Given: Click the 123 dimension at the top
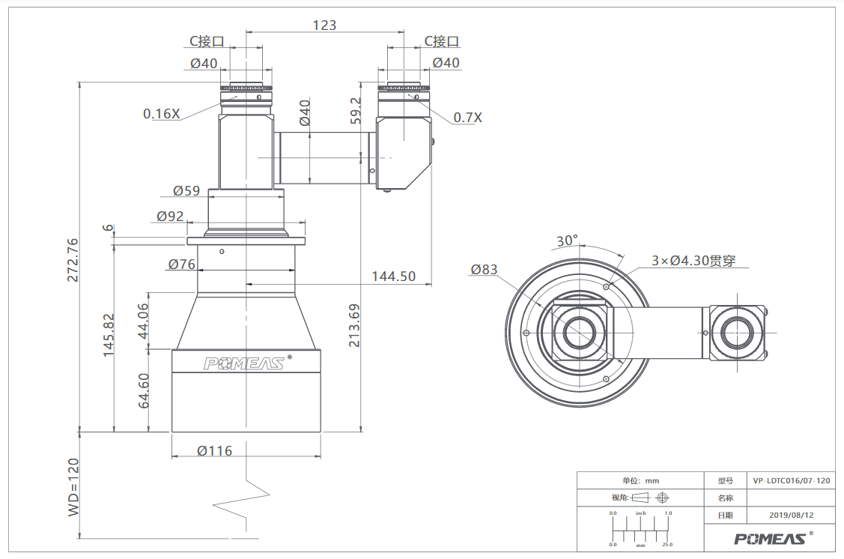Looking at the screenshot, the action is [324, 25].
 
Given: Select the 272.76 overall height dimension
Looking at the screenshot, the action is [73, 260].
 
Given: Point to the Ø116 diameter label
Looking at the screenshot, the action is [214, 451].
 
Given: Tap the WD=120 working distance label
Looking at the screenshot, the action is [73, 487].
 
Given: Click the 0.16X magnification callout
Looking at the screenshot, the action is [161, 114].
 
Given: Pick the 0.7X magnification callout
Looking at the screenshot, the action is [467, 118].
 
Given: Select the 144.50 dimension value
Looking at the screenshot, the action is [393, 277].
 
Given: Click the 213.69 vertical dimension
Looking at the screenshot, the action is [353, 325].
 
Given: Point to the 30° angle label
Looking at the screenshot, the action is [567, 241].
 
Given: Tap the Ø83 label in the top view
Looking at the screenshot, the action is [484, 269].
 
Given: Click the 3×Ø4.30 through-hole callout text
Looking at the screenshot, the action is [693, 261].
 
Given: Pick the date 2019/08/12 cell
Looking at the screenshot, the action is [792, 515].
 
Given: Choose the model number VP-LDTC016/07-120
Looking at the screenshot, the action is [792, 480].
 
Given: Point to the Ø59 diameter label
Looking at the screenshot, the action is [186, 190].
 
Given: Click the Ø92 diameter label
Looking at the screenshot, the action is [170, 216].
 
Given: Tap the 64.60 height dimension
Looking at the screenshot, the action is [144, 390].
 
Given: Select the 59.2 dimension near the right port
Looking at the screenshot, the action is [355, 110].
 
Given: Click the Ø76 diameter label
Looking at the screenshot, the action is [181, 264].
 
